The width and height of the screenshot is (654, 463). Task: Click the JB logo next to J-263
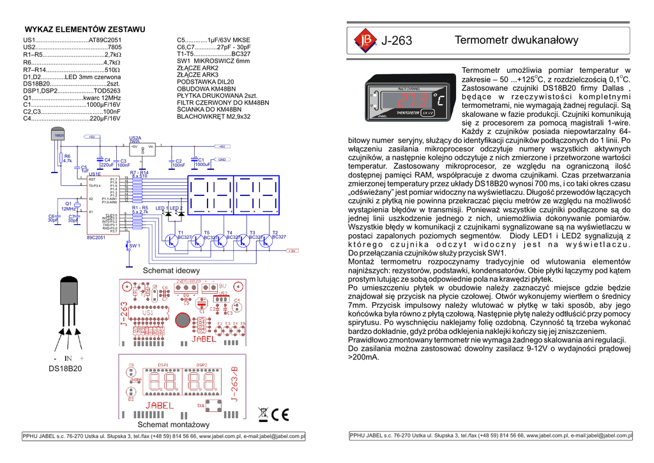365,40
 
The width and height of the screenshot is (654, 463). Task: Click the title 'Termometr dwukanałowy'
516,40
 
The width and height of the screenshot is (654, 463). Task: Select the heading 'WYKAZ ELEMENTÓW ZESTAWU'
85,29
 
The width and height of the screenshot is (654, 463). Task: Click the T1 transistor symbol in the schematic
172,239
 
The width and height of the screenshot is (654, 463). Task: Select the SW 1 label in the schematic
134,246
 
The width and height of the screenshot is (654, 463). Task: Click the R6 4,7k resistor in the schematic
60,158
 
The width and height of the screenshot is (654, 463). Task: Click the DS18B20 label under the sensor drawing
66,368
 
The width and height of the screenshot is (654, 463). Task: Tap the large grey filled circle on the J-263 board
183,319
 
